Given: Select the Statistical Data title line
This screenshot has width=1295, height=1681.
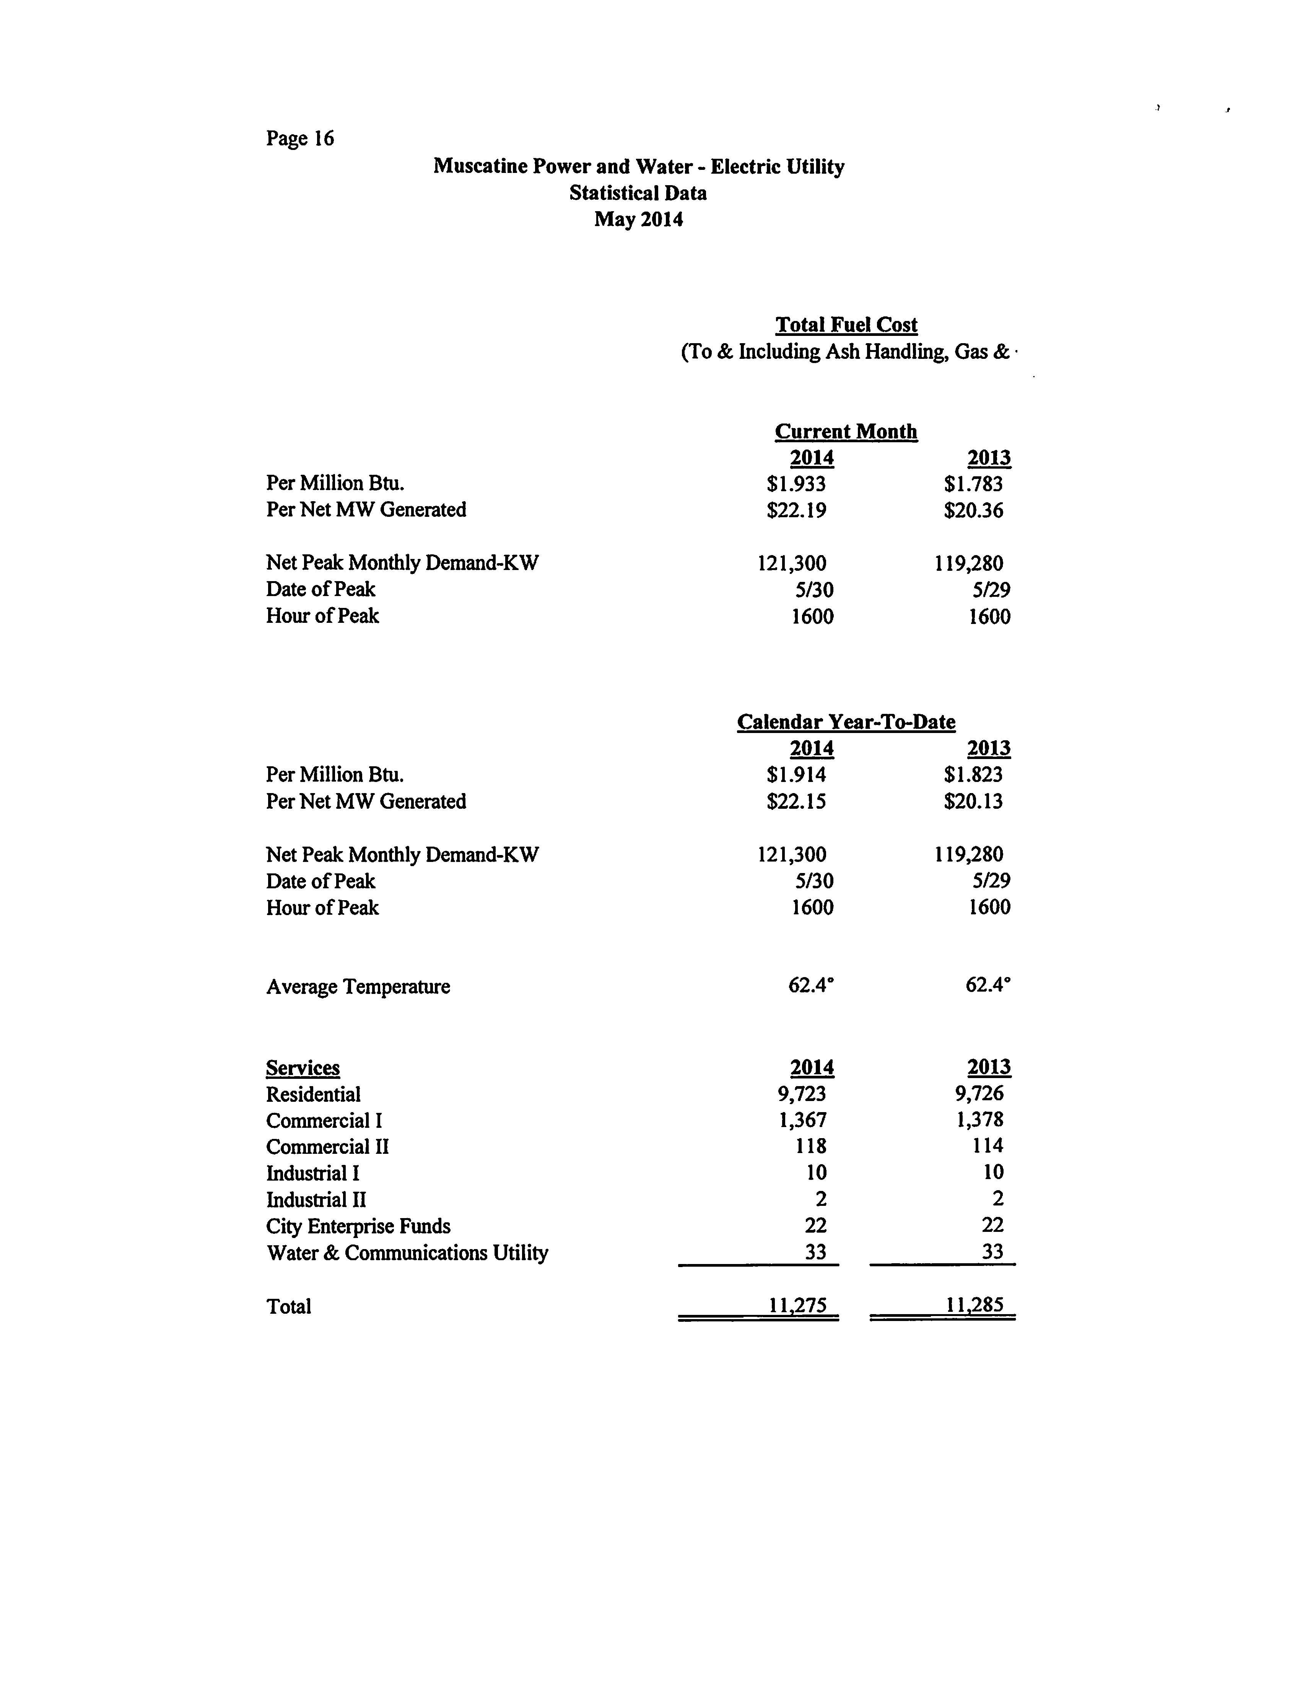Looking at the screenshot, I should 638,193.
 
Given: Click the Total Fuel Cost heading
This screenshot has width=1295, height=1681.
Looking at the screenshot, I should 846,325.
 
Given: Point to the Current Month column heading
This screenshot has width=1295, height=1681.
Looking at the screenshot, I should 846,431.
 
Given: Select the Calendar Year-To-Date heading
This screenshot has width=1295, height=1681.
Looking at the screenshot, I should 846,722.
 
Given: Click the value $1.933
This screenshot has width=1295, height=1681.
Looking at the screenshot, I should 796,484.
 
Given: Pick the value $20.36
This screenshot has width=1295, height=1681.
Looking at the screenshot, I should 973,510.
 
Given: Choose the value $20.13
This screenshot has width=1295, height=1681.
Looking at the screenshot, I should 973,801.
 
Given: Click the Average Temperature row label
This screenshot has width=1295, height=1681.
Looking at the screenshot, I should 358,987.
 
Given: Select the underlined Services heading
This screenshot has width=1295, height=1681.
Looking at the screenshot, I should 303,1069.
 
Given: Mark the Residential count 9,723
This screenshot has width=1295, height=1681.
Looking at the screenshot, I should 802,1094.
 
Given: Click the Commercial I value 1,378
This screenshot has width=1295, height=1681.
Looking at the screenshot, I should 979,1120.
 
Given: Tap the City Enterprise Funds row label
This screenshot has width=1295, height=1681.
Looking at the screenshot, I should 358,1226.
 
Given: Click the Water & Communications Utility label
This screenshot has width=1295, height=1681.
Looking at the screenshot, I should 407,1253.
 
